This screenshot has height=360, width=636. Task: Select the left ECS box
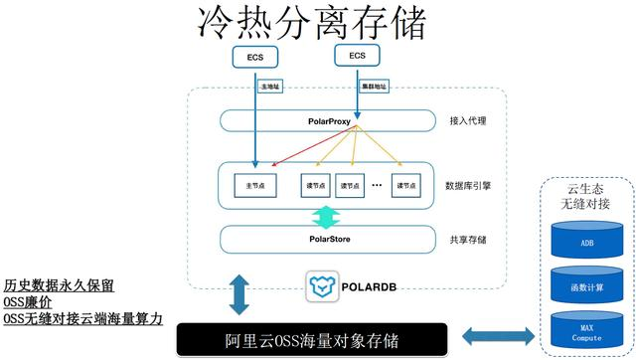tap(255, 58)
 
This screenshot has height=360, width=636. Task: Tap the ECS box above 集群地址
tap(357, 56)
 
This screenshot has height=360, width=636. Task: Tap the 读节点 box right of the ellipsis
tap(404, 184)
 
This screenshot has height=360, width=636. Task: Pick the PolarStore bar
tap(327, 239)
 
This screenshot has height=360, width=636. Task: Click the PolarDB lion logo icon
tap(320, 286)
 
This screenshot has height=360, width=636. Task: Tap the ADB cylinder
tap(586, 242)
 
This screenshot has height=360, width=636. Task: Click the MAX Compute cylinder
tap(586, 331)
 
